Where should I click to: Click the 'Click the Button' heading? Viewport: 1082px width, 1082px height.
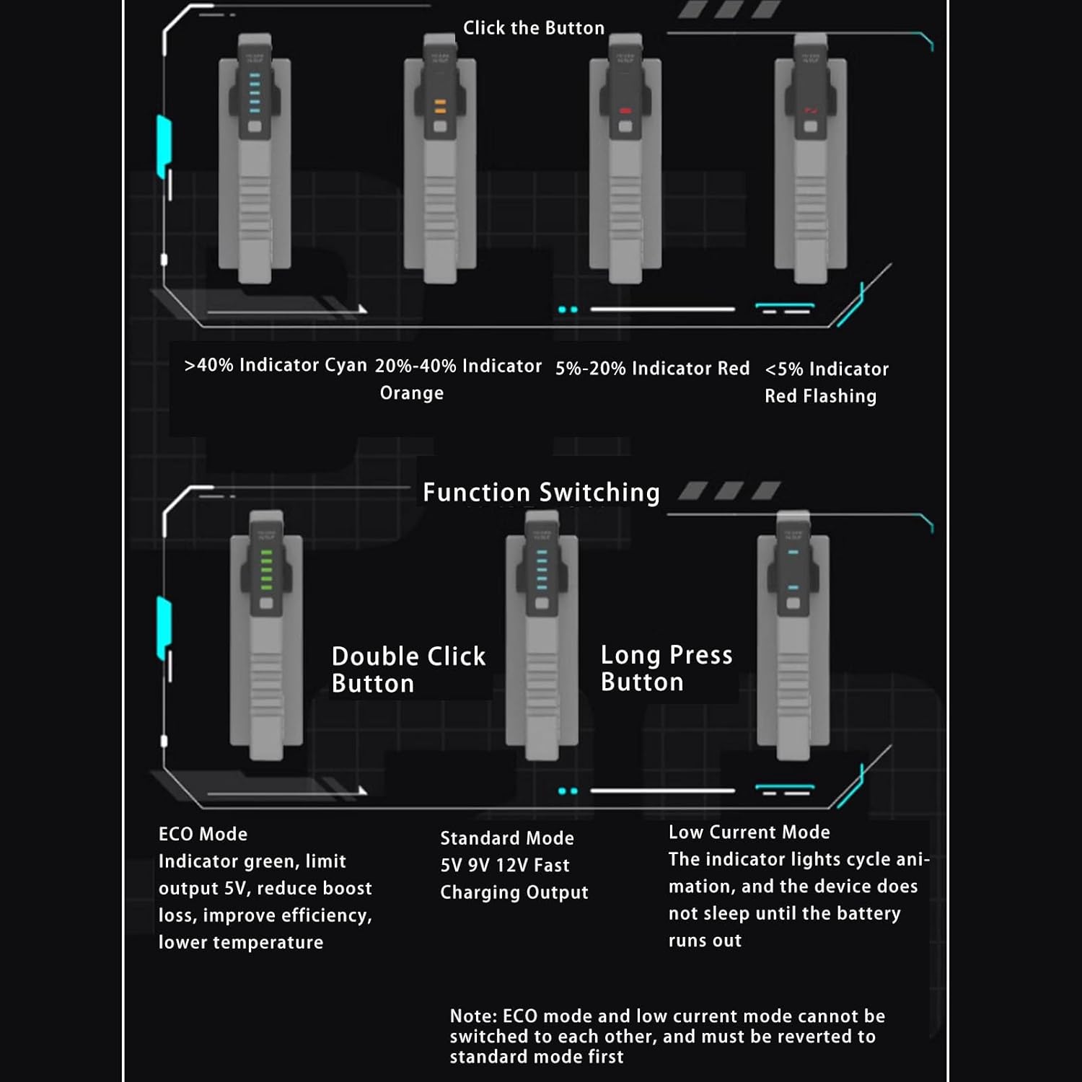(534, 28)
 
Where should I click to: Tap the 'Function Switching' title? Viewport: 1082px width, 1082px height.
(541, 492)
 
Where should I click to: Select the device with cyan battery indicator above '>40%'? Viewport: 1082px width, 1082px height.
(255, 159)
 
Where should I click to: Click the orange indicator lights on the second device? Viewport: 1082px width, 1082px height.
(440, 107)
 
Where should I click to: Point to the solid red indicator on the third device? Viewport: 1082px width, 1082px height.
(625, 110)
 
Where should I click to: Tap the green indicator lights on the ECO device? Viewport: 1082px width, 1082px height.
(266, 570)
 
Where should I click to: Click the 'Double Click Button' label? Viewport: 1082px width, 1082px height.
(408, 669)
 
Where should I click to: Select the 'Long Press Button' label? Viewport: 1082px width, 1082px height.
(667, 668)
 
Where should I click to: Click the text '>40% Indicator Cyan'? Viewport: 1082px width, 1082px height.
(276, 365)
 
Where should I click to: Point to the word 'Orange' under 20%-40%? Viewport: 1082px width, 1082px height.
(412, 393)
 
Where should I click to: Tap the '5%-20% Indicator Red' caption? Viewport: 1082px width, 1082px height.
(652, 368)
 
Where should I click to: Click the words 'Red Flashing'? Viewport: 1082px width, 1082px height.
(821, 396)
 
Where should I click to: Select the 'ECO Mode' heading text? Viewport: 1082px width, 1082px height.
(203, 834)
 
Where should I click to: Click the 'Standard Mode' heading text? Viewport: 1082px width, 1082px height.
(507, 838)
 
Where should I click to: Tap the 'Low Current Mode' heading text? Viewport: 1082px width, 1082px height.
(749, 832)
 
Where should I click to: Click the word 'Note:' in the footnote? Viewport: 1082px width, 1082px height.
(473, 1016)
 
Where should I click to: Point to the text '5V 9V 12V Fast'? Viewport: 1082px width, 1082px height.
(505, 865)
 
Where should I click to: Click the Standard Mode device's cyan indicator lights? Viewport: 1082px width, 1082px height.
(542, 570)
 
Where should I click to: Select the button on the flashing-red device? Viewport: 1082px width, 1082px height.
(811, 127)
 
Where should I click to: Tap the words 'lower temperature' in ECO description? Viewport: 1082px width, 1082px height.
(241, 942)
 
